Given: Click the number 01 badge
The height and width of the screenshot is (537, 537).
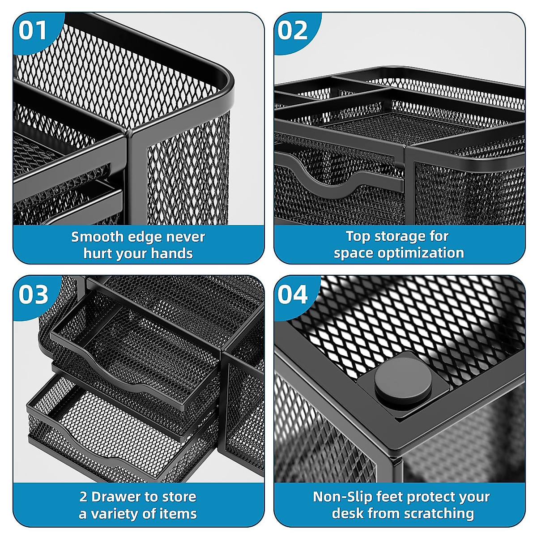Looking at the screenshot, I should click(33, 31).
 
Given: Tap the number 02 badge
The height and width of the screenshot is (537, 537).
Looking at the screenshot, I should click(293, 31).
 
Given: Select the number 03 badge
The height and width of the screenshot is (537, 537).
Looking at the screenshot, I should click(34, 295).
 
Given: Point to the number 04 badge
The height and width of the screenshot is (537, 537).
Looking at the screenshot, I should click(293, 295).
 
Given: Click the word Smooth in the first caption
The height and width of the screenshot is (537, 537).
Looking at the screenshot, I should click(97, 237).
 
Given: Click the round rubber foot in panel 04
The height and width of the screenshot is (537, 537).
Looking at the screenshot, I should click(403, 383).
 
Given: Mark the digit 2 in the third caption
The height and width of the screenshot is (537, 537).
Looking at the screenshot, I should click(84, 497).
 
